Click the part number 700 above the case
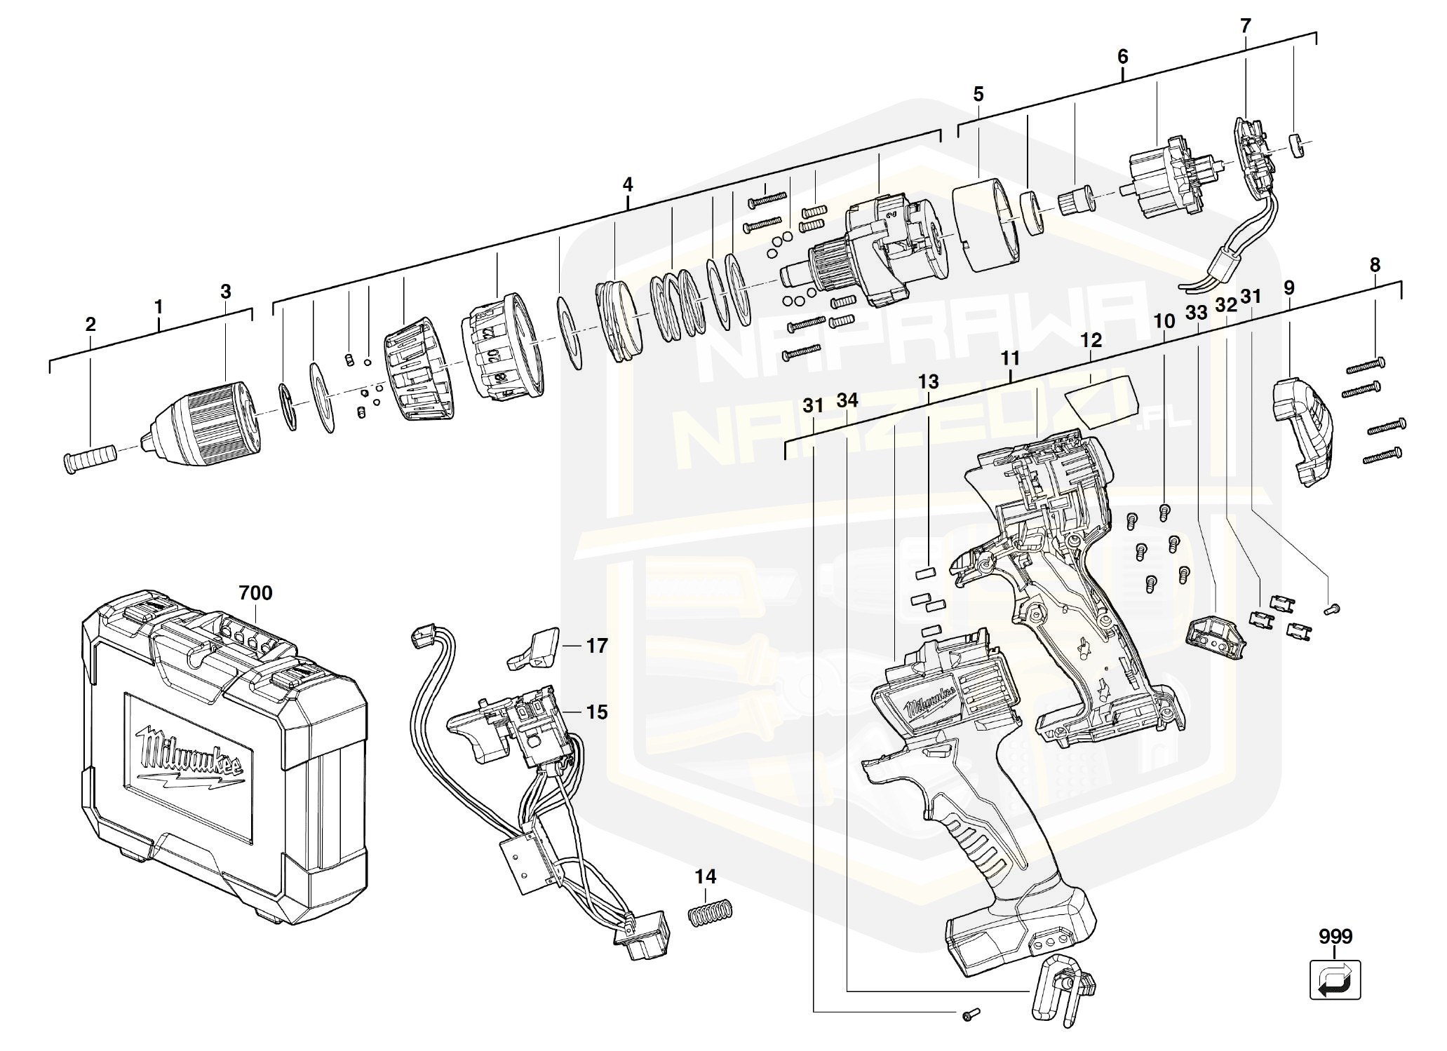pyautogui.click(x=255, y=593)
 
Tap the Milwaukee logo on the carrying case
pyautogui.click(x=190, y=758)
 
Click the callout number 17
pyautogui.click(x=597, y=645)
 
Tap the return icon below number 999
pyautogui.click(x=1335, y=979)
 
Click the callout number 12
pyautogui.click(x=1091, y=341)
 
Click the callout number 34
pyautogui.click(x=847, y=400)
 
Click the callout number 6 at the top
pyautogui.click(x=1122, y=57)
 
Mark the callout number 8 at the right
pyautogui.click(x=1374, y=265)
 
